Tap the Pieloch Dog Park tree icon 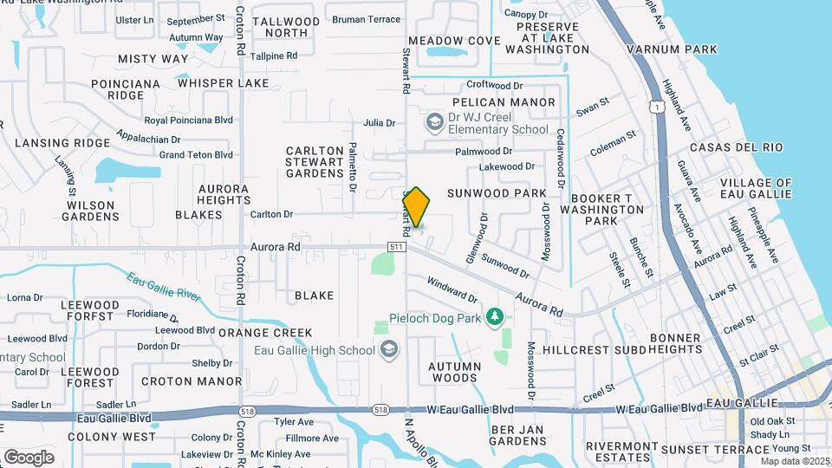495,317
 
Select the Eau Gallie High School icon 390,349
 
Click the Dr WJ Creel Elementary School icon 433,122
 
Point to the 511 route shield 397,247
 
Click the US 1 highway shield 657,106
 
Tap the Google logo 29,457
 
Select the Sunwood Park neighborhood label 497,192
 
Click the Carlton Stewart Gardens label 315,162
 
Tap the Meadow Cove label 454,41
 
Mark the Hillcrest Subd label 595,350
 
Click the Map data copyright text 794,461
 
